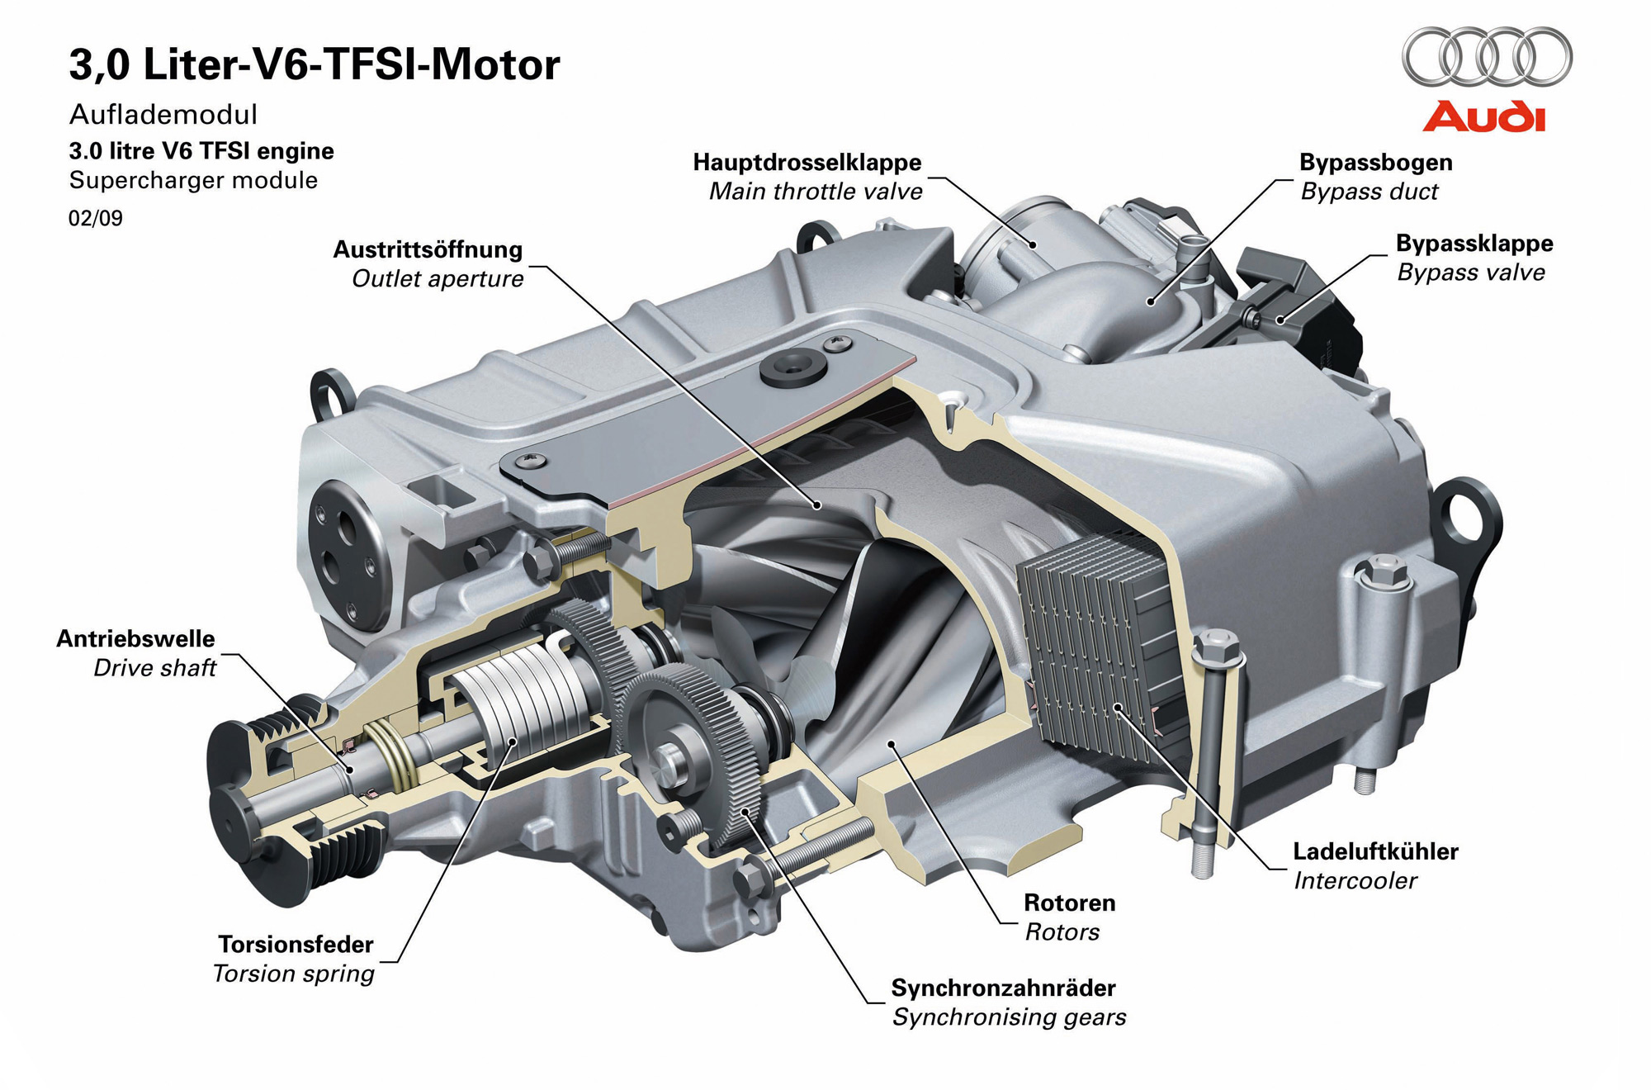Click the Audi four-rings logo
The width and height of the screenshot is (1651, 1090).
pos(1487,57)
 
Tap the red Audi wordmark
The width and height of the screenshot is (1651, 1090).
pos(1483,117)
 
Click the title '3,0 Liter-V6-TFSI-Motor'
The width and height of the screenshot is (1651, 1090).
pos(315,64)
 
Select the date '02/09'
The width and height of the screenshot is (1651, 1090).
pos(96,218)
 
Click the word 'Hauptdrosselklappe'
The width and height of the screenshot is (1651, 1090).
pos(807,163)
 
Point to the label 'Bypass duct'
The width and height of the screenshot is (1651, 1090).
pos(1369,192)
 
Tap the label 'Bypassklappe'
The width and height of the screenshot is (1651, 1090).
pos(1474,244)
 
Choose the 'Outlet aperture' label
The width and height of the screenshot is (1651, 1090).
pos(438,279)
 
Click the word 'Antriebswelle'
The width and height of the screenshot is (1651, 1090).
pos(135,638)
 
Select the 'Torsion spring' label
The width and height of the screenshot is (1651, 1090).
pos(294,974)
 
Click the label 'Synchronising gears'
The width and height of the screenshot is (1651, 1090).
pos(1009,1017)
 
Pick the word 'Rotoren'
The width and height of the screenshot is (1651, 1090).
pos(1069,903)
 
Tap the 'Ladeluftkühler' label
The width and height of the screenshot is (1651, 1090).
pos(1375,851)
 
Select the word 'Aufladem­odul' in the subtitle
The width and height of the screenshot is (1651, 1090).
pos(163,114)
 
